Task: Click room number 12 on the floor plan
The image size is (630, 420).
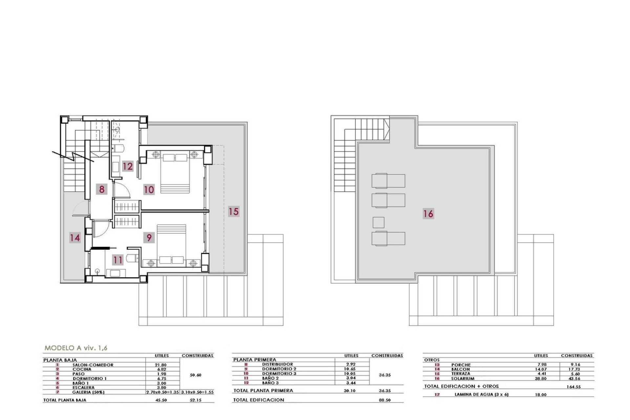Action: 128,166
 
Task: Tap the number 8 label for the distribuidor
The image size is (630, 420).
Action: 102,189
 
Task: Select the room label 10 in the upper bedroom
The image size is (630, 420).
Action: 149,189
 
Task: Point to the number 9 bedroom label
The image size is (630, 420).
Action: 149,237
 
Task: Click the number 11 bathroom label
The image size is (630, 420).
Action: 117,260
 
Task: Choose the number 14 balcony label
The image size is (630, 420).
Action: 75,237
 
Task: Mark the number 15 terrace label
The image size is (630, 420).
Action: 234,211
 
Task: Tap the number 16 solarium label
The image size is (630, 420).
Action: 428,214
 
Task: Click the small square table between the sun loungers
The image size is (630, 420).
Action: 378,222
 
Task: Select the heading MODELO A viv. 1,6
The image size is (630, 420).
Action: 76,348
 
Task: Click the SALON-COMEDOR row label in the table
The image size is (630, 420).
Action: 93,365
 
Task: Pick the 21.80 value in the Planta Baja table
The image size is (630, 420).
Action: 160,365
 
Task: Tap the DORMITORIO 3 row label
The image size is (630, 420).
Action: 279,373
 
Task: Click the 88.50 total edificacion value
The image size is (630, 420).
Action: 384,400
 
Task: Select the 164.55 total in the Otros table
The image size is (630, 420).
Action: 573,387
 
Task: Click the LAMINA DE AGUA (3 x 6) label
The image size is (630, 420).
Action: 481,394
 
